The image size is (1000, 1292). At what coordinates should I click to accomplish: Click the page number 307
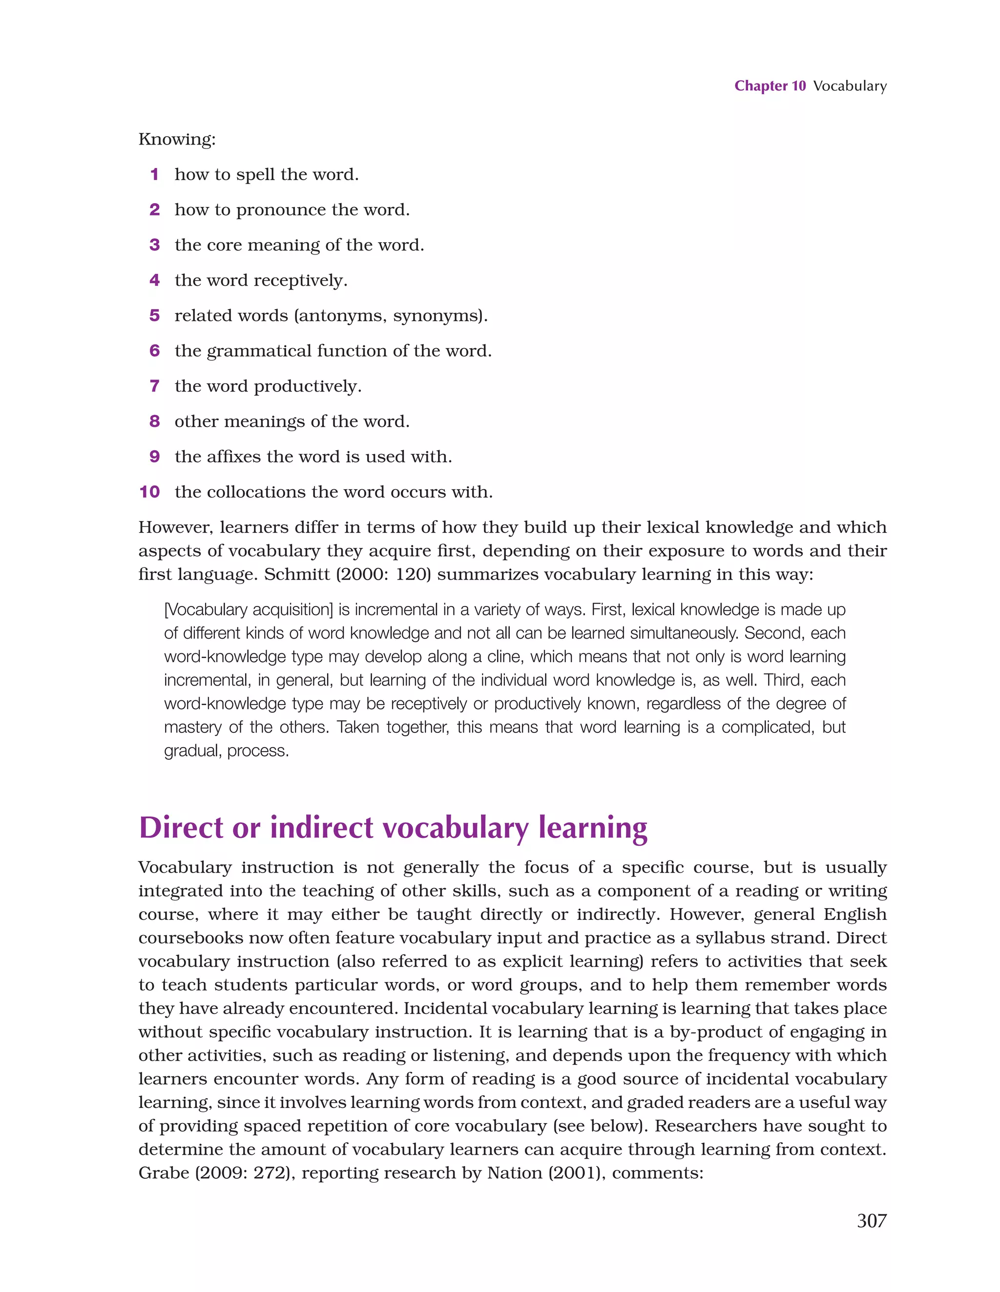click(x=871, y=1220)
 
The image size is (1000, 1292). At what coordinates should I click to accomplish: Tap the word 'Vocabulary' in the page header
click(x=850, y=86)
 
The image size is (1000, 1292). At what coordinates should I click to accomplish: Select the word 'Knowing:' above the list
click(x=177, y=140)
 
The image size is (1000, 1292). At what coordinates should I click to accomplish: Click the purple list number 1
click(x=154, y=174)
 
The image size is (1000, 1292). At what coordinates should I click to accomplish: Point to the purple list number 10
click(x=150, y=492)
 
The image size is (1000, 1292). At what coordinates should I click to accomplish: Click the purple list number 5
click(x=154, y=316)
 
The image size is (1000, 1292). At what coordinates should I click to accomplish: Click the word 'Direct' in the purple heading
click(x=181, y=828)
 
